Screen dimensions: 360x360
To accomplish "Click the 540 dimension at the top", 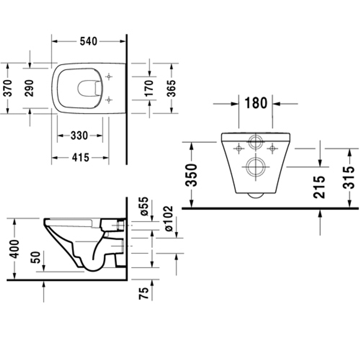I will click(88, 41).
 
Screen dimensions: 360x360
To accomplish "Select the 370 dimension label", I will click(7, 88).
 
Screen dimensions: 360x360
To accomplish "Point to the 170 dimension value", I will click(149, 88).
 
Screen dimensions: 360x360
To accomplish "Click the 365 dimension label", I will click(172, 88).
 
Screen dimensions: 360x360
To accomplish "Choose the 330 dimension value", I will click(79, 136).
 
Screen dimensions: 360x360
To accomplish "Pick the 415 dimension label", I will click(80, 157).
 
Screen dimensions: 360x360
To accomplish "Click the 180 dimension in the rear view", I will click(256, 104).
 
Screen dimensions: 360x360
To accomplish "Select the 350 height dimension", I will click(192, 175).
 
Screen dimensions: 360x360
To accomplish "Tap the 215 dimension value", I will click(319, 187).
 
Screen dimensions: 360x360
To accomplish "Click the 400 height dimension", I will click(15, 248).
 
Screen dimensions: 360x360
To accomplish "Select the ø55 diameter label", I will click(144, 206).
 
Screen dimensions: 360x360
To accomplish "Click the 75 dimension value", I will click(144, 293).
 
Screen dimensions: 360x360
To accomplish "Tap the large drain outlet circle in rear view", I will click(256, 167).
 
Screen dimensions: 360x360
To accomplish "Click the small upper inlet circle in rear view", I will click(256, 141).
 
